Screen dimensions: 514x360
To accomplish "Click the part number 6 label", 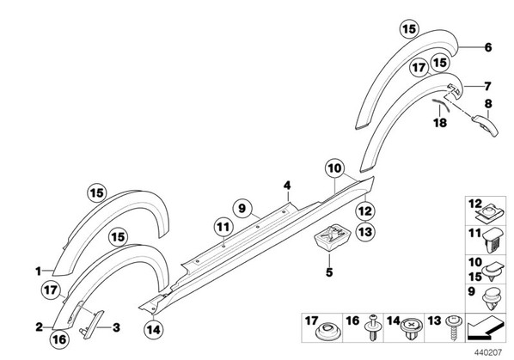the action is pyautogui.click(x=488, y=47).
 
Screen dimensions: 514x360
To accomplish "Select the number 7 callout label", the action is pyautogui.click(x=487, y=87).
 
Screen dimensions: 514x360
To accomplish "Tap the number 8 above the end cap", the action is pyautogui.click(x=488, y=104).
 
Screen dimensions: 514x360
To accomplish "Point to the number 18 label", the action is pyautogui.click(x=440, y=123).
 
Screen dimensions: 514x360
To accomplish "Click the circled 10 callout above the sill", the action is pyautogui.click(x=334, y=168).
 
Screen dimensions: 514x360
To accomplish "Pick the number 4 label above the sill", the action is pyautogui.click(x=287, y=186).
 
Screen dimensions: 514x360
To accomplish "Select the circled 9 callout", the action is pyautogui.click(x=242, y=208).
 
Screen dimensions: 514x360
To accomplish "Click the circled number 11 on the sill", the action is pyautogui.click(x=223, y=227).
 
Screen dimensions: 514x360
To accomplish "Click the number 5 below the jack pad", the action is pyautogui.click(x=329, y=272).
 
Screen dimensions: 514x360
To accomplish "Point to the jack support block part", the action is pyautogui.click(x=333, y=237).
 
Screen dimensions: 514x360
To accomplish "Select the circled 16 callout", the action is pyautogui.click(x=59, y=339).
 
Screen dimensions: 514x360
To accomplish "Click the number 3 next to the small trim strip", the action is pyautogui.click(x=116, y=327).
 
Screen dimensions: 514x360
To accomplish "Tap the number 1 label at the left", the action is pyautogui.click(x=39, y=272).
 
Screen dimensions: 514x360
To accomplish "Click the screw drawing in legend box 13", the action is pyautogui.click(x=455, y=327).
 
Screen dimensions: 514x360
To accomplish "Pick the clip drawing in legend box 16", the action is pyautogui.click(x=373, y=328).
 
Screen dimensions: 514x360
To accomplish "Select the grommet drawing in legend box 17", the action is pyautogui.click(x=328, y=331).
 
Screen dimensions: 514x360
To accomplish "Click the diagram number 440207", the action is pyautogui.click(x=488, y=352).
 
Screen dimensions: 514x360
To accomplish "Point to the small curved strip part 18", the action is pyautogui.click(x=441, y=106).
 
